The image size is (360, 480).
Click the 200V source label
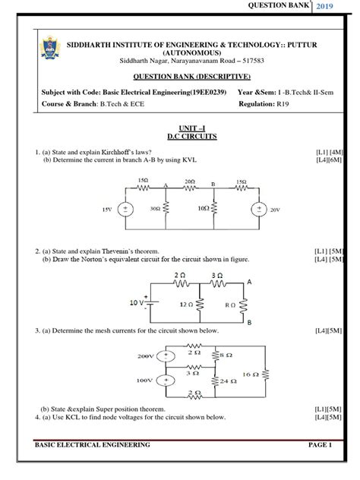pos(147,355)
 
